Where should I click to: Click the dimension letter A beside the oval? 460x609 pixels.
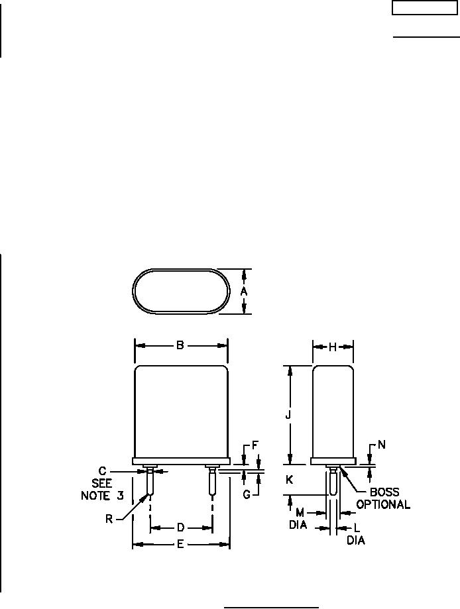tap(244, 292)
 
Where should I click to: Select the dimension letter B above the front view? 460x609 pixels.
tap(180, 345)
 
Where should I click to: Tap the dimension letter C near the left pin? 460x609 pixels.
tap(102, 471)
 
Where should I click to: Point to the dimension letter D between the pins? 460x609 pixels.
tap(181, 527)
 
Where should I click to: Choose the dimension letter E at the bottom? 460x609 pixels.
tap(180, 545)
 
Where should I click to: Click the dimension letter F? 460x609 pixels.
tap(255, 445)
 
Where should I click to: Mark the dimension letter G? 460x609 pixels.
tap(247, 495)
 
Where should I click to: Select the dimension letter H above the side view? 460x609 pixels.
tap(333, 347)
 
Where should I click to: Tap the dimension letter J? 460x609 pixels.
tap(288, 415)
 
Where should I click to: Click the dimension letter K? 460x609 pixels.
tap(289, 480)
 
